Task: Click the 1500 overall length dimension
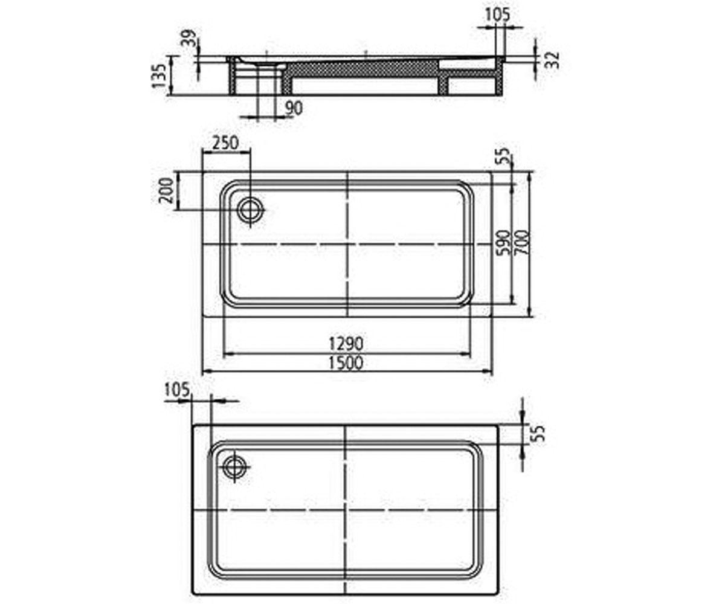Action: (x=346, y=363)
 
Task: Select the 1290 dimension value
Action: (x=346, y=344)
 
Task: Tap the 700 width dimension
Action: (x=523, y=242)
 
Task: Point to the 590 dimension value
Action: (x=504, y=242)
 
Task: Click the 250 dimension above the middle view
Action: (x=225, y=143)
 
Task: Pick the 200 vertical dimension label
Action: (x=166, y=190)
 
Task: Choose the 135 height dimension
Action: (x=159, y=76)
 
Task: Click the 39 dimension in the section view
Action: (x=190, y=38)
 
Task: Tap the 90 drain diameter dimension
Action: (x=294, y=108)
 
